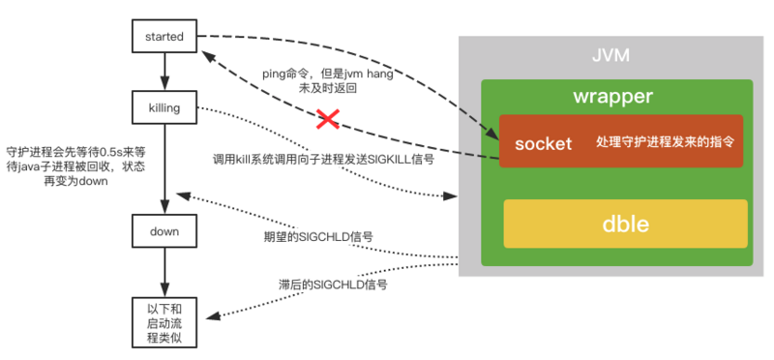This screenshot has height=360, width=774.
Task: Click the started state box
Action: [164, 37]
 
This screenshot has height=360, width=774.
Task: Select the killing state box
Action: [164, 107]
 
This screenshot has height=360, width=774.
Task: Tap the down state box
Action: [164, 231]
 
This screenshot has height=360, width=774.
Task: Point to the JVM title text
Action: [610, 55]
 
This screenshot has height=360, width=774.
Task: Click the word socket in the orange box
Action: [543, 142]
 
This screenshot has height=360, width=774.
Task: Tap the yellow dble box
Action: [624, 225]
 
